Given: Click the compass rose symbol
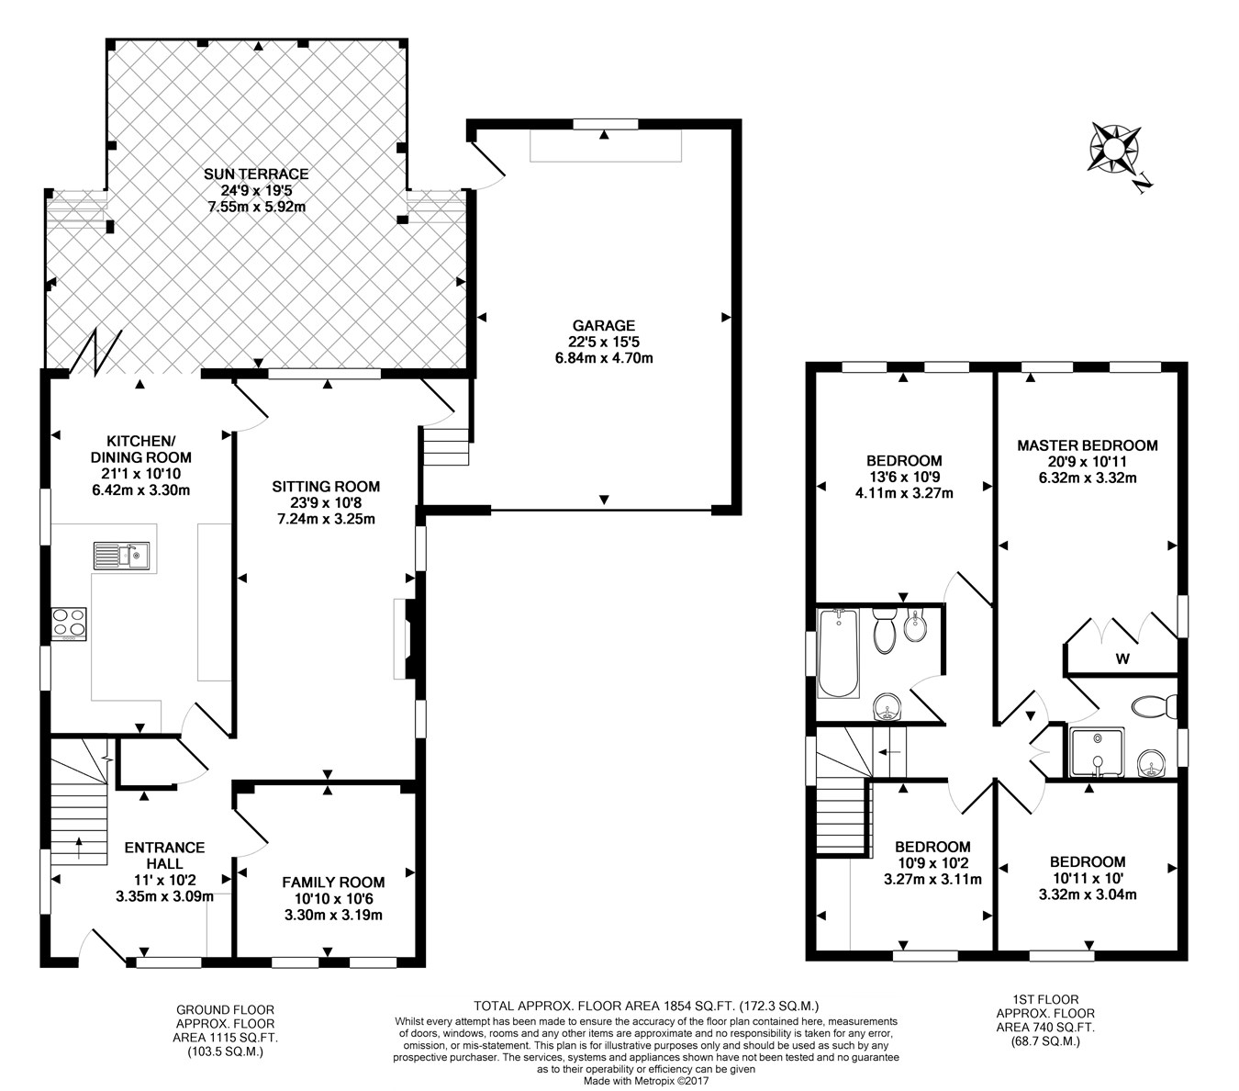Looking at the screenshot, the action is click(1113, 148).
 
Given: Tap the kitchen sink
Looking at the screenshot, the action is click(121, 556).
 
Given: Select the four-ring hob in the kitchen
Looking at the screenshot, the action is click(69, 624).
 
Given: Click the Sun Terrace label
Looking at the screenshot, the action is click(256, 174).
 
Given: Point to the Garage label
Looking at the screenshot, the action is click(604, 325).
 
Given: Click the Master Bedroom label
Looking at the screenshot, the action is click(1088, 445).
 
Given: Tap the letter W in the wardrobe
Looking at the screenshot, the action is click(1122, 659).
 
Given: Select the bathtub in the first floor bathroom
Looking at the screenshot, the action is click(839, 653).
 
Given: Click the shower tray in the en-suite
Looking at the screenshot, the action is click(1097, 752).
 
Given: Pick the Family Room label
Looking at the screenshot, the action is click(333, 883).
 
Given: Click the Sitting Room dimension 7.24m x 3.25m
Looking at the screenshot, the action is click(326, 520).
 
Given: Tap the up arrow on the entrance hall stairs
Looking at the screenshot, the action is click(79, 849).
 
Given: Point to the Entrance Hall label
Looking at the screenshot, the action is click(164, 855).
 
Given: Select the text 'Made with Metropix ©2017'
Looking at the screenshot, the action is click(646, 1081).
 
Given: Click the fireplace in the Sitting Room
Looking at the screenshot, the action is click(406, 639).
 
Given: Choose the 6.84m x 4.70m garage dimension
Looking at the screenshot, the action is click(604, 358).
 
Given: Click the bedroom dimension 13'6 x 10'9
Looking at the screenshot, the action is click(904, 477).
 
